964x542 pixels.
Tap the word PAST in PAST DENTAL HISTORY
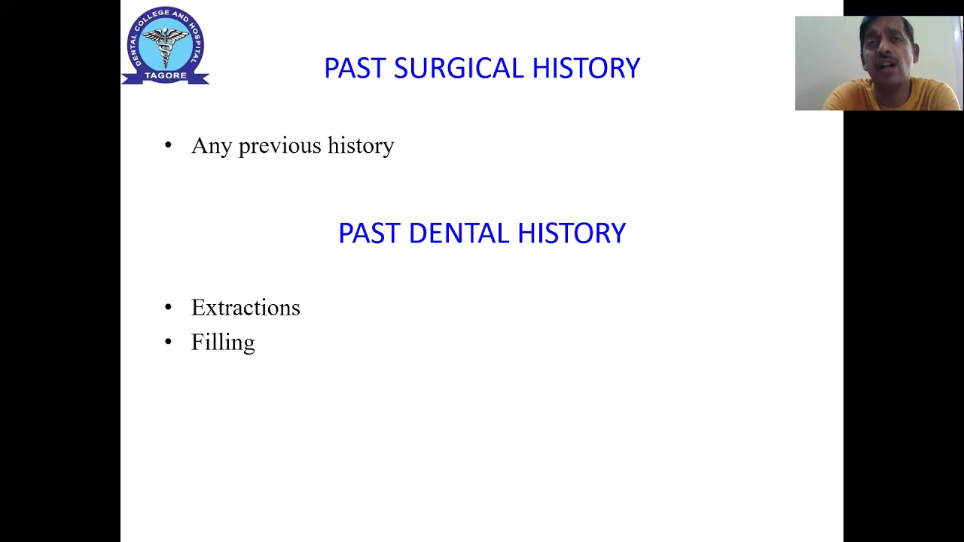(369, 233)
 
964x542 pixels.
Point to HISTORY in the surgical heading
(586, 69)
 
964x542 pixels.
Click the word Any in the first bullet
(211, 146)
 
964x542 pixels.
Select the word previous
(279, 146)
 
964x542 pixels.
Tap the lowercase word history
(361, 145)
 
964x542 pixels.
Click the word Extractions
(246, 307)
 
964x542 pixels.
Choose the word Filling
(223, 343)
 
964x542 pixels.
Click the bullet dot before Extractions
(168, 307)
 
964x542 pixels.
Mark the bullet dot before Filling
(168, 343)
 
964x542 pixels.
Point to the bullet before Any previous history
(168, 145)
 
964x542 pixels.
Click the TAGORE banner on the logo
(166, 76)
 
